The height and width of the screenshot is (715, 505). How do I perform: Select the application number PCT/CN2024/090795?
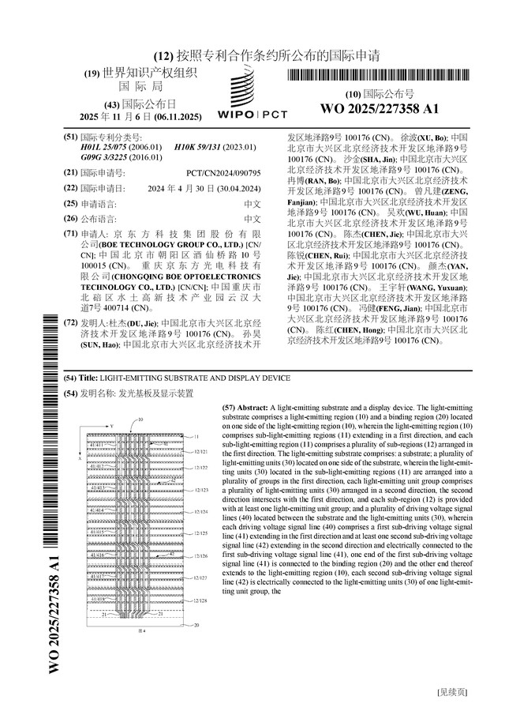[x=223, y=171]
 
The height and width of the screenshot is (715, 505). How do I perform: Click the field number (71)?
[x=70, y=234]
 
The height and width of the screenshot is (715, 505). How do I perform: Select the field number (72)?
[x=70, y=323]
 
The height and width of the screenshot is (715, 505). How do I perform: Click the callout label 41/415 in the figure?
[x=97, y=532]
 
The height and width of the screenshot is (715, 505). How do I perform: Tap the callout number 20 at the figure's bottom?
[x=196, y=625]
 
